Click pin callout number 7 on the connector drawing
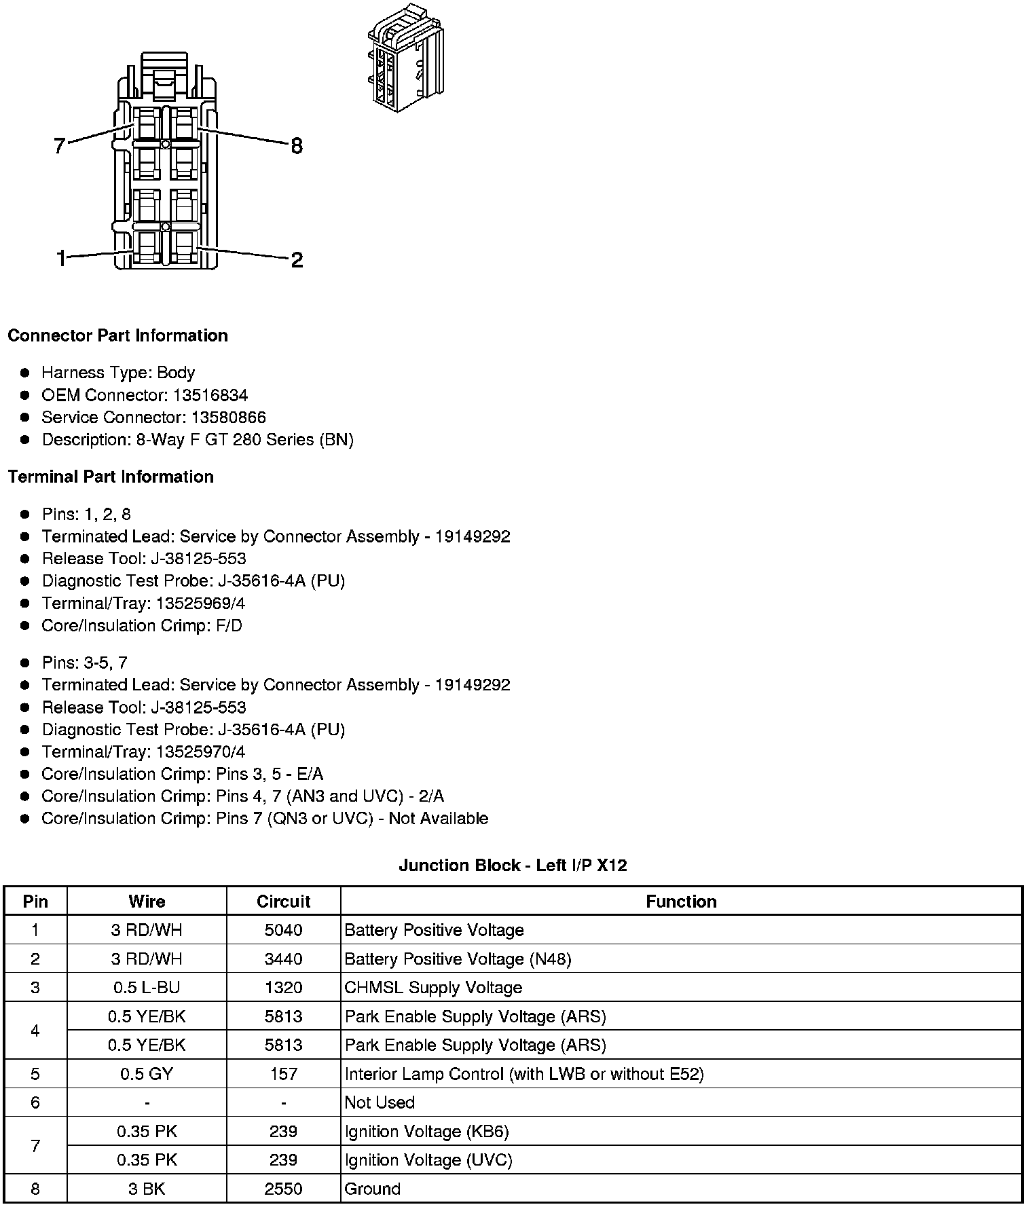59,145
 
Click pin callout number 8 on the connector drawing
297,146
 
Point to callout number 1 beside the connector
62,259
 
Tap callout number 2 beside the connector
297,260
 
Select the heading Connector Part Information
117,336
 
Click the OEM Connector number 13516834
210,395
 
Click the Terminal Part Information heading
111,477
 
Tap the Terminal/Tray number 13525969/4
200,603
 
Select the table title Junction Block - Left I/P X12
513,866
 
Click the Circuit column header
283,902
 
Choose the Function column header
681,902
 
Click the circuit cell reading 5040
283,930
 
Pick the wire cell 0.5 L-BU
147,988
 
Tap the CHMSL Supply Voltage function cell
433,988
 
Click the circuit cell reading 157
283,1074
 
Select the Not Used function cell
380,1102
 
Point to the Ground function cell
373,1189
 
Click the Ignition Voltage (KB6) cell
426,1132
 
